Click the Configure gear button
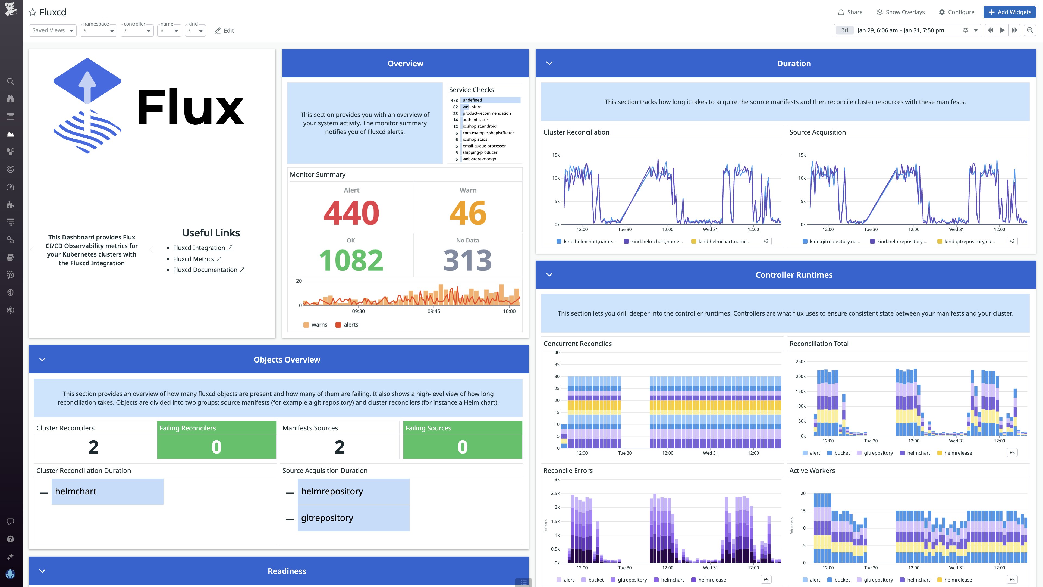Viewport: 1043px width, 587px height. [x=956, y=12]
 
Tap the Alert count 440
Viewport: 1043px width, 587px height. [x=351, y=213]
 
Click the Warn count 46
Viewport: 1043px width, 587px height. [x=468, y=213]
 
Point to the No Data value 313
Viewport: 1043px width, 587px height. [x=468, y=260]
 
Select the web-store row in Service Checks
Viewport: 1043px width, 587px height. [x=472, y=107]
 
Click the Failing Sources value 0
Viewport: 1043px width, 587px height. [x=462, y=447]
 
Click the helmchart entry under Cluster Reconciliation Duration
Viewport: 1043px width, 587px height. [x=76, y=491]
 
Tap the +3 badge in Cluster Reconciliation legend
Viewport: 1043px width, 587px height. [x=766, y=241]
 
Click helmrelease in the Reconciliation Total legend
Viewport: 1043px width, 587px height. [x=958, y=453]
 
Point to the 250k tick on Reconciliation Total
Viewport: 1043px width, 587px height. [x=800, y=361]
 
